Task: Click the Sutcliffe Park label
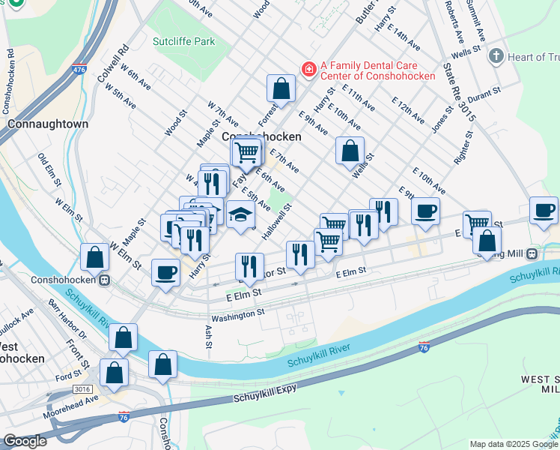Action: point(183,40)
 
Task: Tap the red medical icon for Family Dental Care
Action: point(308,69)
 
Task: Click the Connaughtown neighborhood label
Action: point(48,124)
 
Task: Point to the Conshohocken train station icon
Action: point(105,280)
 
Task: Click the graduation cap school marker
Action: point(240,217)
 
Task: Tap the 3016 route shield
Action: point(82,389)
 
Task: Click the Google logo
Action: point(25,441)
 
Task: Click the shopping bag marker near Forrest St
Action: point(281,89)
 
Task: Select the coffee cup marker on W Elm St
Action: point(165,272)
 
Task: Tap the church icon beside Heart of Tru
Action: point(495,56)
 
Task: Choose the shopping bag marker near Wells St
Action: point(350,151)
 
